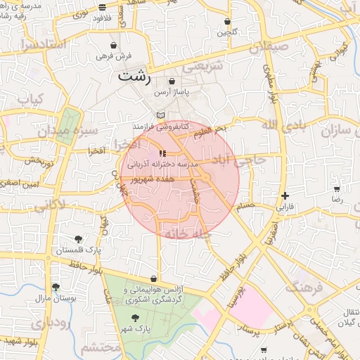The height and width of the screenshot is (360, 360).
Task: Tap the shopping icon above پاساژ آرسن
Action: click(x=172, y=82)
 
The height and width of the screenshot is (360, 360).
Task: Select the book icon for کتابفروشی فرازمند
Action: click(x=161, y=115)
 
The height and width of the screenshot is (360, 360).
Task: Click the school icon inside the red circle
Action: click(x=162, y=153)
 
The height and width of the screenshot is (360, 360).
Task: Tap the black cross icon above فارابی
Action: click(x=284, y=195)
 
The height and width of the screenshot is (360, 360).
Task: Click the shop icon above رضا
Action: click(x=337, y=188)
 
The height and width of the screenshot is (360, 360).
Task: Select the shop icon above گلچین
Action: click(x=227, y=22)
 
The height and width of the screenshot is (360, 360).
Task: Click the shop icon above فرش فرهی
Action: click(x=113, y=45)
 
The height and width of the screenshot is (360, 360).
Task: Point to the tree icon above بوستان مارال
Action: click(x=56, y=287)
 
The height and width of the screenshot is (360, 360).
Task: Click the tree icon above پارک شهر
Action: click(x=135, y=318)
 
